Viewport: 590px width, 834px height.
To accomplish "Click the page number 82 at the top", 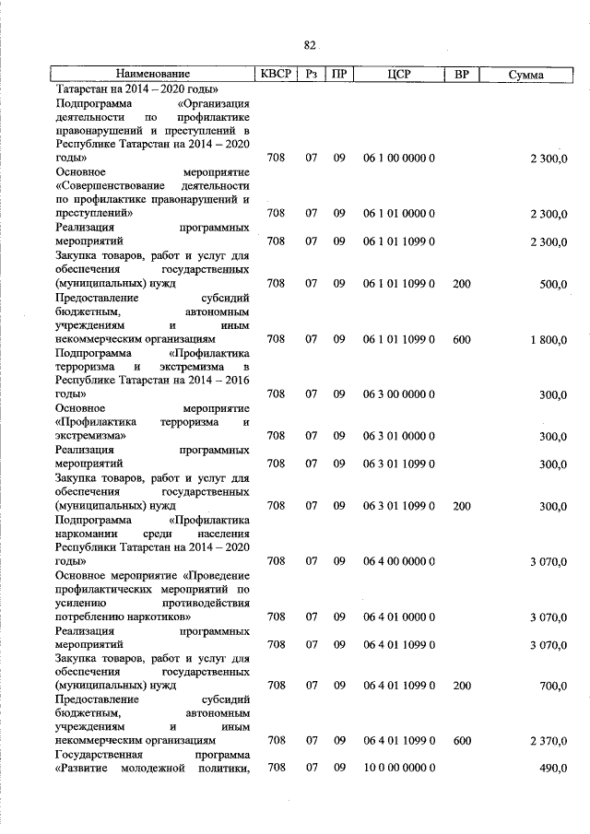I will click(x=310, y=45).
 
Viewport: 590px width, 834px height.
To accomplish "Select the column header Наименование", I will click(x=153, y=74).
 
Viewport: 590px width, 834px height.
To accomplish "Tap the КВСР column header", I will click(x=276, y=74).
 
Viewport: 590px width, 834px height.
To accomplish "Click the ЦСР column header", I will click(x=398, y=74).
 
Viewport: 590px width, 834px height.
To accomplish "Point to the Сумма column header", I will click(x=525, y=74).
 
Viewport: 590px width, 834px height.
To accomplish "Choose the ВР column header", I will click(x=461, y=74).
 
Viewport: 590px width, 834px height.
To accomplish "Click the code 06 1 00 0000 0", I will click(x=398, y=159).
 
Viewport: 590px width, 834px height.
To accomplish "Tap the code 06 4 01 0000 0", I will click(x=398, y=616).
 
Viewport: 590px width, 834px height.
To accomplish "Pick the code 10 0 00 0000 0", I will click(x=398, y=768).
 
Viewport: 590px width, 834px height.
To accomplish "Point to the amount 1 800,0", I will click(x=548, y=339).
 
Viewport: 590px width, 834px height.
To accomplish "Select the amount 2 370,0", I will click(x=548, y=740).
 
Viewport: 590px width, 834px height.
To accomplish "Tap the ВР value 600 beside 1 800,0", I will click(x=461, y=339).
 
